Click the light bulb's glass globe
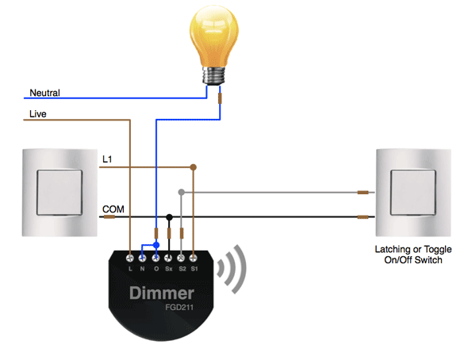[214, 35]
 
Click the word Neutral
[44, 93]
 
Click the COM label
[112, 209]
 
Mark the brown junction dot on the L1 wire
[194, 167]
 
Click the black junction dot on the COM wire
[169, 216]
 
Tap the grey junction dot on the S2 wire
[182, 192]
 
